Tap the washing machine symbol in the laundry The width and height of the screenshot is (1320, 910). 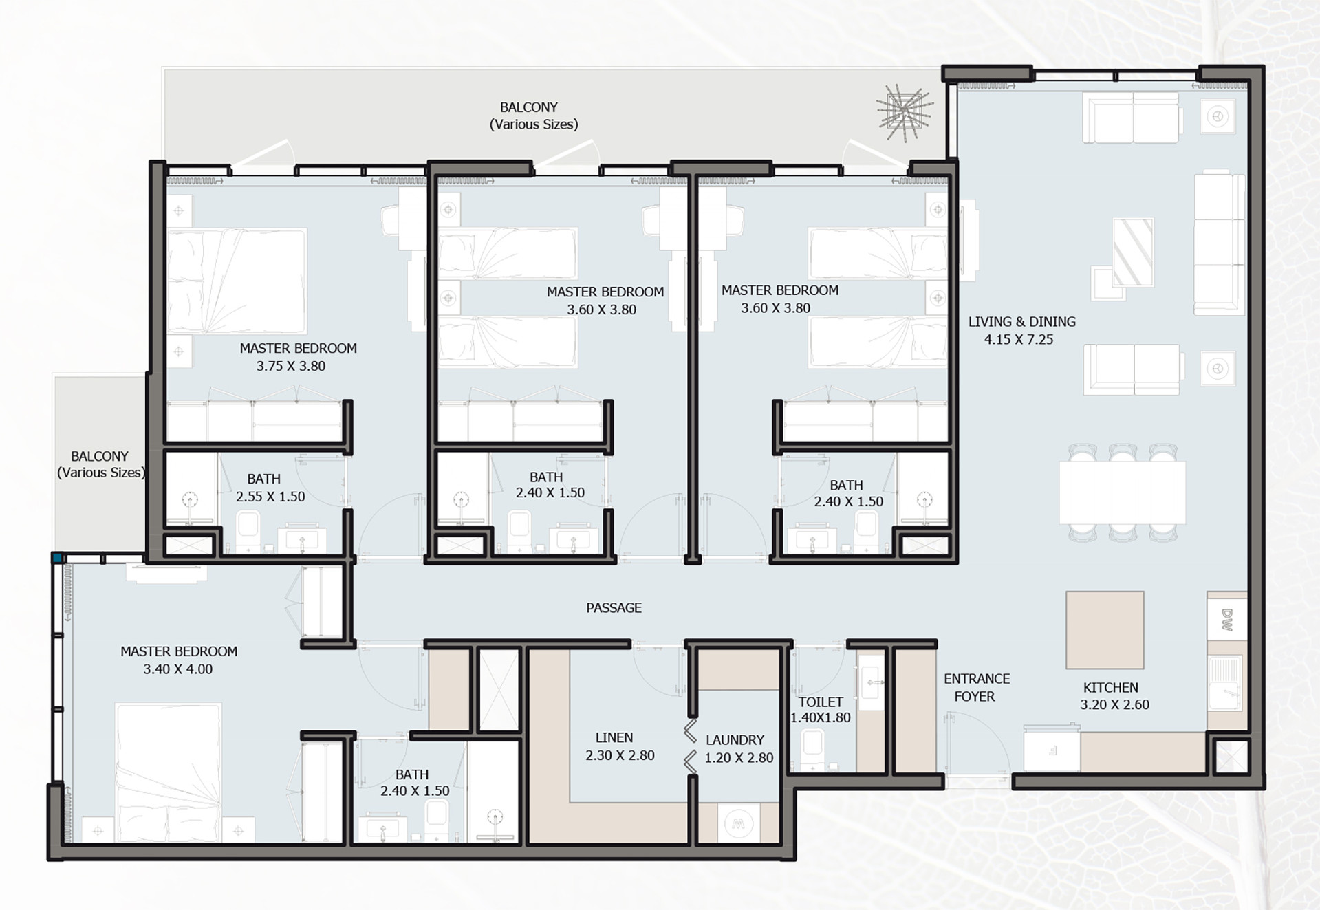(738, 823)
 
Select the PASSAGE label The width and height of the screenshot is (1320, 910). (614, 608)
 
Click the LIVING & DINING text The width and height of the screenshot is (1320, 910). (1021, 321)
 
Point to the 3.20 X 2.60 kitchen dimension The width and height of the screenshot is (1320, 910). (1114, 704)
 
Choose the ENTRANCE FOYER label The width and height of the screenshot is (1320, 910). (976, 687)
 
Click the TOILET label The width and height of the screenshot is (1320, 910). (820, 702)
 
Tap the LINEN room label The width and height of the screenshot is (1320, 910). (614, 737)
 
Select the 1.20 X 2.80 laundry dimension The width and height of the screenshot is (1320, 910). (739, 758)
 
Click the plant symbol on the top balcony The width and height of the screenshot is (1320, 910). (904, 112)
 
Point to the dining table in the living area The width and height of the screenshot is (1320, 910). (1122, 492)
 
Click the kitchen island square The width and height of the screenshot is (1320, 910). (1105, 629)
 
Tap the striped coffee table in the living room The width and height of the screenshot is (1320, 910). (1133, 252)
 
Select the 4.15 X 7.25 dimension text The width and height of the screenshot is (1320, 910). (1018, 339)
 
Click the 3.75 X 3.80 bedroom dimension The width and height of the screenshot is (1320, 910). (290, 366)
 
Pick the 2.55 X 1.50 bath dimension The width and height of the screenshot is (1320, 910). (270, 497)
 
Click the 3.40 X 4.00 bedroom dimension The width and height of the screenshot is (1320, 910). (177, 669)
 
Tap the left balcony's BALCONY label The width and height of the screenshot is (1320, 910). (100, 456)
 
